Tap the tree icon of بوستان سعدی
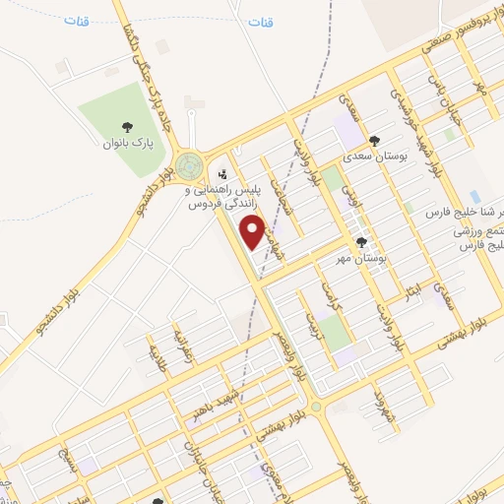point(374,141)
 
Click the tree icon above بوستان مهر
point(361,241)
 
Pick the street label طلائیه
point(157,351)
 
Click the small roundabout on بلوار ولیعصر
point(315,406)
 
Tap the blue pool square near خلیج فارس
point(475,196)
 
